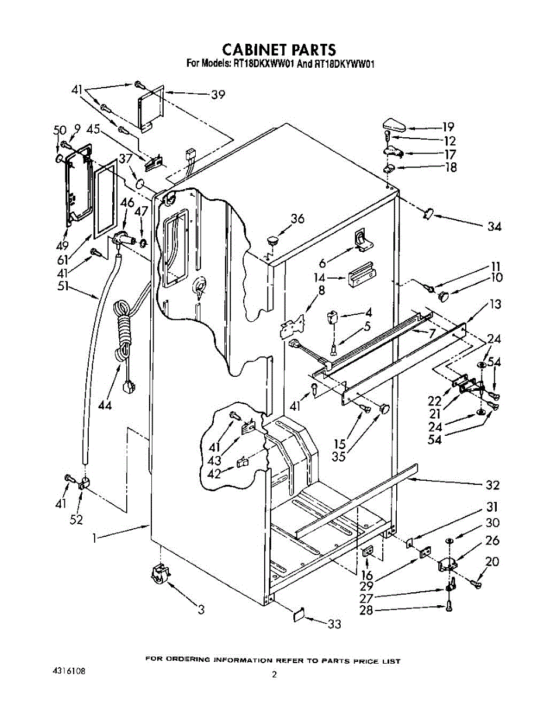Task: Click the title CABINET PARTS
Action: point(279,50)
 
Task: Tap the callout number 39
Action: point(218,95)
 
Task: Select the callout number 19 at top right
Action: point(448,127)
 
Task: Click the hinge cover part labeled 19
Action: point(394,125)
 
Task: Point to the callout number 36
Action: point(297,218)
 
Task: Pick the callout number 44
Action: point(105,405)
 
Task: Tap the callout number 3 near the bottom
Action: point(201,609)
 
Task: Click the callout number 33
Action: point(334,624)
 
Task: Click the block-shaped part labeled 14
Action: point(361,273)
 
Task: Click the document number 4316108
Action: point(68,672)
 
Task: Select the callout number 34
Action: point(494,227)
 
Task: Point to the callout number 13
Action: point(495,304)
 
